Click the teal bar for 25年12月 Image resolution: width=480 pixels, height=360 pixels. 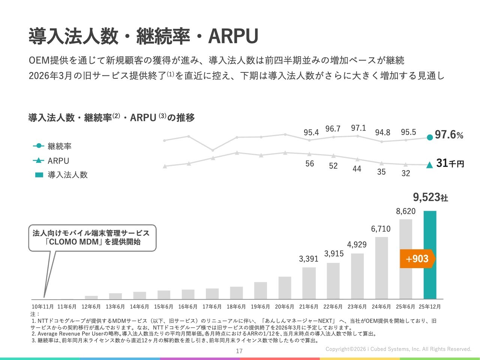pyautogui.click(x=430, y=255)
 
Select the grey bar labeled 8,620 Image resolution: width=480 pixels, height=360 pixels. pyautogui.click(x=406, y=259)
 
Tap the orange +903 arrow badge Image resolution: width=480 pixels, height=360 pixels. pyautogui.click(x=417, y=259)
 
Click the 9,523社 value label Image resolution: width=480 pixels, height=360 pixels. pyautogui.click(x=430, y=197)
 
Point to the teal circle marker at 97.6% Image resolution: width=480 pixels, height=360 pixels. pyautogui.click(x=430, y=137)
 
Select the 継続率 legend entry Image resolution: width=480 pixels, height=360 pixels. pyautogui.click(x=59, y=146)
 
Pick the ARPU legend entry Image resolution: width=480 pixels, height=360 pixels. pyautogui.click(x=58, y=161)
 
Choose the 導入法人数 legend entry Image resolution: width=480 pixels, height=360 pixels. pyautogui.click(x=67, y=175)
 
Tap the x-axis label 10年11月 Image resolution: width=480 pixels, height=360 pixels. pyautogui.click(x=43, y=307)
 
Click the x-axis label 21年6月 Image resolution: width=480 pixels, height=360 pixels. pyautogui.click(x=309, y=307)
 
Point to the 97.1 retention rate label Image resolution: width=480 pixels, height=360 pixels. pyautogui.click(x=358, y=128)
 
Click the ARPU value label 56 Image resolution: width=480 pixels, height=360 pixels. pyautogui.click(x=310, y=163)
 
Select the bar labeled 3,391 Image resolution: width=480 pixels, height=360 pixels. pyautogui.click(x=309, y=283)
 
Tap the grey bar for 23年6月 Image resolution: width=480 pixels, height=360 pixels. pyautogui.click(x=357, y=276)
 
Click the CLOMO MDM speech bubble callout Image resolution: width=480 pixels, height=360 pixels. pyautogui.click(x=92, y=238)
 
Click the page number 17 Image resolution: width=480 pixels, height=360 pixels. pyautogui.click(x=239, y=351)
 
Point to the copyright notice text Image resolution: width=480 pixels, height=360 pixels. pyautogui.click(x=398, y=349)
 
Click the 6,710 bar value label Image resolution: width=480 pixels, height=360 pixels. pyautogui.click(x=381, y=229)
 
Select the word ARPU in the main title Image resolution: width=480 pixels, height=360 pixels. pyautogui.click(x=233, y=36)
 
